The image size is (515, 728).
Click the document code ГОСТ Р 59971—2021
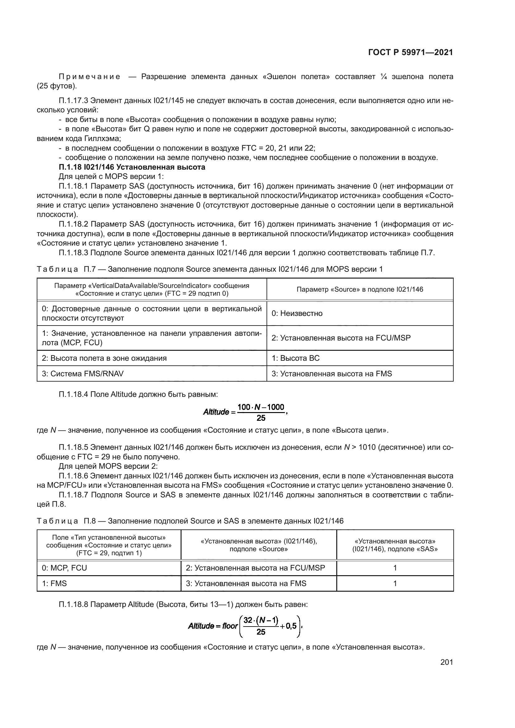point(410,52)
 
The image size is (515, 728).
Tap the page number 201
point(446,662)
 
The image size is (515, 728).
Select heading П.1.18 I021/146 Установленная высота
point(132,167)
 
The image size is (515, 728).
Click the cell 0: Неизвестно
point(297,313)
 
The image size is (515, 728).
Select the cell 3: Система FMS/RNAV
point(83,373)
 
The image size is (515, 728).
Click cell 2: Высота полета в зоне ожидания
point(104,358)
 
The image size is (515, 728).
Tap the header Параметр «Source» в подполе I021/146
point(360,289)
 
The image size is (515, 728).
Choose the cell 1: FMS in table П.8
point(54,583)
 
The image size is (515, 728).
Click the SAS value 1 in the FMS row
point(395,583)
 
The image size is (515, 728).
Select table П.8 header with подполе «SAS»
point(395,545)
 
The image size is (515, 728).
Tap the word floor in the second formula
point(230,626)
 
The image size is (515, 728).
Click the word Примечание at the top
point(89,77)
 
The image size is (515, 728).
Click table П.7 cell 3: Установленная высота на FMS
point(331,373)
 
